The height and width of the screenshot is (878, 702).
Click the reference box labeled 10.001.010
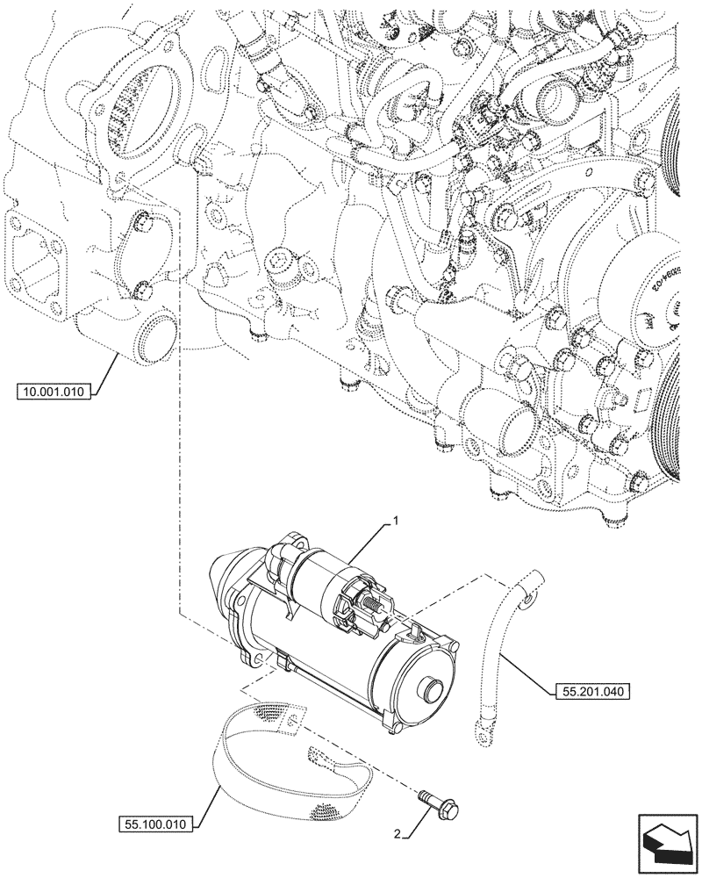pyautogui.click(x=53, y=392)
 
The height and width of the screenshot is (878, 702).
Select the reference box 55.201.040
pyautogui.click(x=592, y=692)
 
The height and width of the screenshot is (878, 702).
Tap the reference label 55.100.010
pyautogui.click(x=154, y=825)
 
